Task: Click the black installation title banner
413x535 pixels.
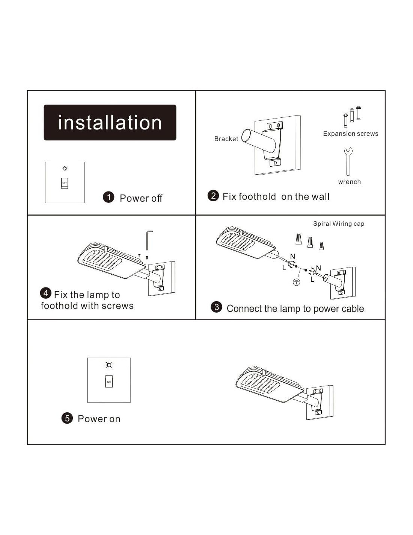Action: [x=110, y=122]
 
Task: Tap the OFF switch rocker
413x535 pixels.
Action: [x=65, y=183]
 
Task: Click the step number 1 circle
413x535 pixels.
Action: [x=109, y=197]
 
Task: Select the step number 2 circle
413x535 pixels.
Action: [x=213, y=196]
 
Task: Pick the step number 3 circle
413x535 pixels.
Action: [x=217, y=307]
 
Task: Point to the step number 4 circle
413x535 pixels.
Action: [x=46, y=293]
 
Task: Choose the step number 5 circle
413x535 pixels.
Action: [x=67, y=418]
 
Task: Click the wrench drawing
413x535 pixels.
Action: [x=348, y=161]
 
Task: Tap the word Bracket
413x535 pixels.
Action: [x=226, y=139]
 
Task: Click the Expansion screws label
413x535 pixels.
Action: [x=351, y=134]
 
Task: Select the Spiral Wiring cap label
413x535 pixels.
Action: [x=339, y=223]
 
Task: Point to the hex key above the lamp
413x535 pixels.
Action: [x=148, y=240]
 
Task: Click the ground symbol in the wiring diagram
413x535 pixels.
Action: [x=297, y=282]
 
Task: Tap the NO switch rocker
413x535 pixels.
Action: [x=109, y=381]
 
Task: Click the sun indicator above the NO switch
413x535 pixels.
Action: [x=109, y=365]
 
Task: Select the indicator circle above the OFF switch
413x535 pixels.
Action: [x=65, y=169]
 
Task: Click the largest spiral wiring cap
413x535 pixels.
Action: [x=298, y=239]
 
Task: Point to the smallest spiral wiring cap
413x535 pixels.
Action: [x=322, y=246]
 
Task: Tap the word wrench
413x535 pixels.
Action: [x=350, y=182]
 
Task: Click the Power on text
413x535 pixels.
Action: [x=99, y=419]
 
